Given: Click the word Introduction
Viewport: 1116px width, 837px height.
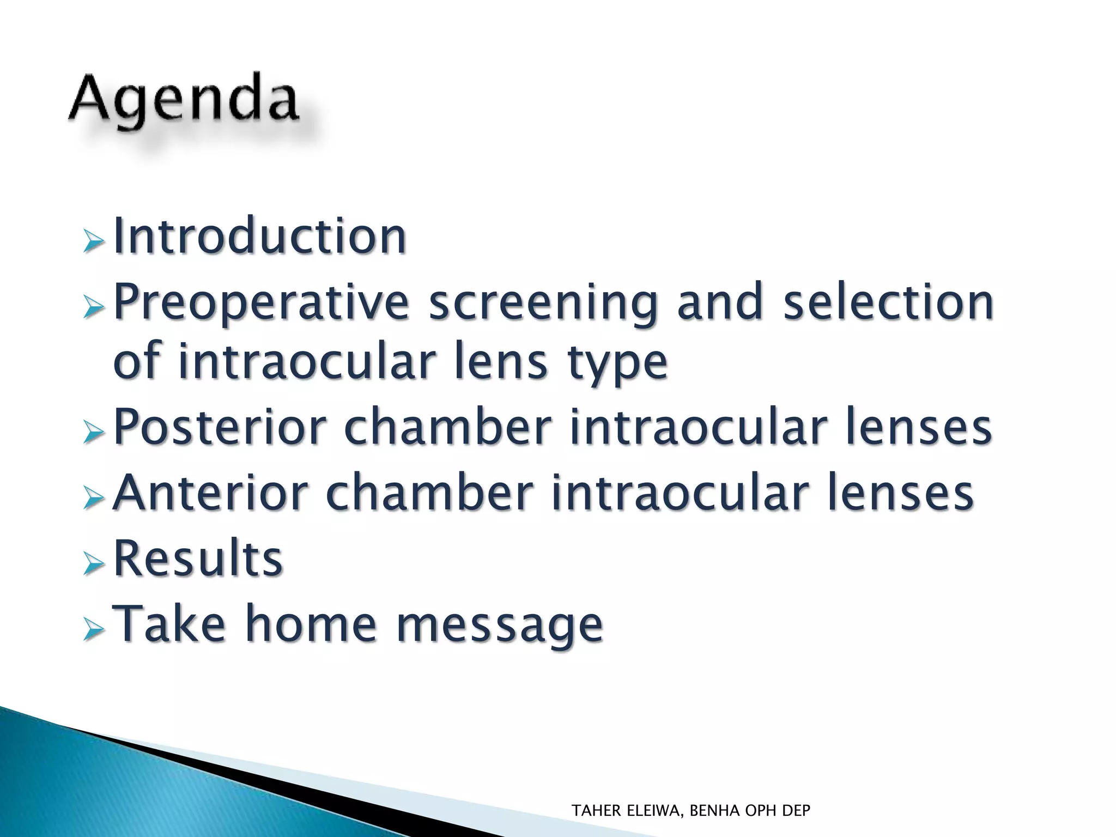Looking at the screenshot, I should coord(259,236).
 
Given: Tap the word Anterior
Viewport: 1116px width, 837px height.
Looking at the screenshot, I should coord(210,493).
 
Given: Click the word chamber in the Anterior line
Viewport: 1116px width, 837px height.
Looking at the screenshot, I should coord(429,493).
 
